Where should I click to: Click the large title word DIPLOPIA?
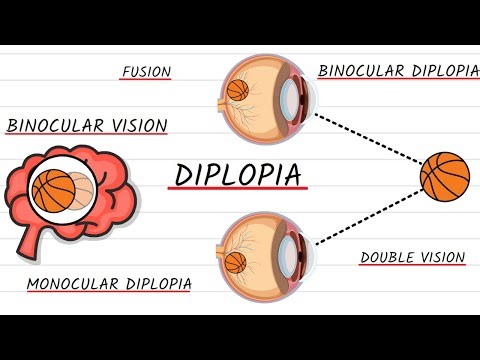238,174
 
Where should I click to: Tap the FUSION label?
145,72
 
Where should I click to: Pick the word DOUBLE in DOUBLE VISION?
386,257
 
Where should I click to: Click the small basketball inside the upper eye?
238,91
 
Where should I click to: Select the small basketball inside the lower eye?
236,263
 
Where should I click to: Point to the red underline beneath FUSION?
145,80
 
